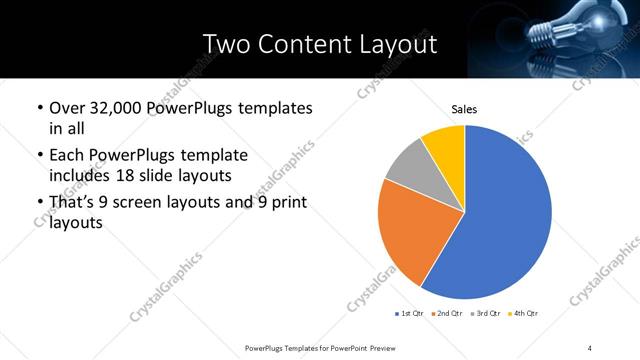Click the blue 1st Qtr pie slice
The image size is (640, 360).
(505, 220)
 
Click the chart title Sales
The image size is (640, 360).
(464, 109)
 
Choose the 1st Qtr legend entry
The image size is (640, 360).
(409, 314)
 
